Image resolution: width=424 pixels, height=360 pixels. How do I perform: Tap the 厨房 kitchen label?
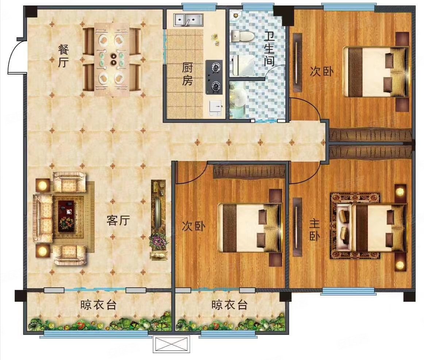point(187,74)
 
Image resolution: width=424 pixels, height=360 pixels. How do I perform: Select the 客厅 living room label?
point(118,220)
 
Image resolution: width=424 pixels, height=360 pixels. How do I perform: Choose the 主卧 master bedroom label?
point(315,229)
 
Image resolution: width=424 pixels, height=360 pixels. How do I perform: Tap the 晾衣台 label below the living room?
point(98,305)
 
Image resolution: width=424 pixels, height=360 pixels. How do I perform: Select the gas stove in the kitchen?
point(215,77)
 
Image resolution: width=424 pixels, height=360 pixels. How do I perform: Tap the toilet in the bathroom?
point(243,36)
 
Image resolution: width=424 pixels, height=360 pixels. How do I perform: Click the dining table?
point(112,59)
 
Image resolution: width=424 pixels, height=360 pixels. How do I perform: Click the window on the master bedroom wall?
point(348,291)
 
